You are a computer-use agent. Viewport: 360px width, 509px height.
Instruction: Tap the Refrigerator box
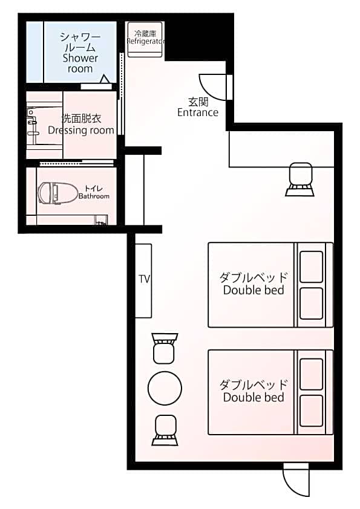click(x=145, y=39)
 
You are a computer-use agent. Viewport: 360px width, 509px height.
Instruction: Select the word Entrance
click(x=197, y=112)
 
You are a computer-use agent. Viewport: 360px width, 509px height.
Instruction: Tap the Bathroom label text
click(x=94, y=196)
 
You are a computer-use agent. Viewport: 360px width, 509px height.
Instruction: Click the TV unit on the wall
click(x=143, y=280)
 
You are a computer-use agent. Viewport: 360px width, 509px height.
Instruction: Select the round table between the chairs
click(x=165, y=388)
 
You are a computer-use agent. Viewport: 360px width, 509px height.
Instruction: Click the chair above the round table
click(x=165, y=348)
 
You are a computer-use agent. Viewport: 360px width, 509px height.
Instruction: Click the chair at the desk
click(x=300, y=180)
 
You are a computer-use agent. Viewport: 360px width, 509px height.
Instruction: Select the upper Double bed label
click(x=254, y=284)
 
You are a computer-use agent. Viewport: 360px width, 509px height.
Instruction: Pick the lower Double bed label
click(x=254, y=391)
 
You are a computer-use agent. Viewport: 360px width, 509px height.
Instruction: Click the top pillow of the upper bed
click(x=311, y=267)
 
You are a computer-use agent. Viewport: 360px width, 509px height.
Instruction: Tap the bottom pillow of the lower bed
click(x=311, y=410)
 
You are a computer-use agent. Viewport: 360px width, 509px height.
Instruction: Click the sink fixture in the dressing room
click(x=33, y=122)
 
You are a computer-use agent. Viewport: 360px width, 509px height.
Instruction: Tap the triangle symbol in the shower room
click(x=104, y=79)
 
